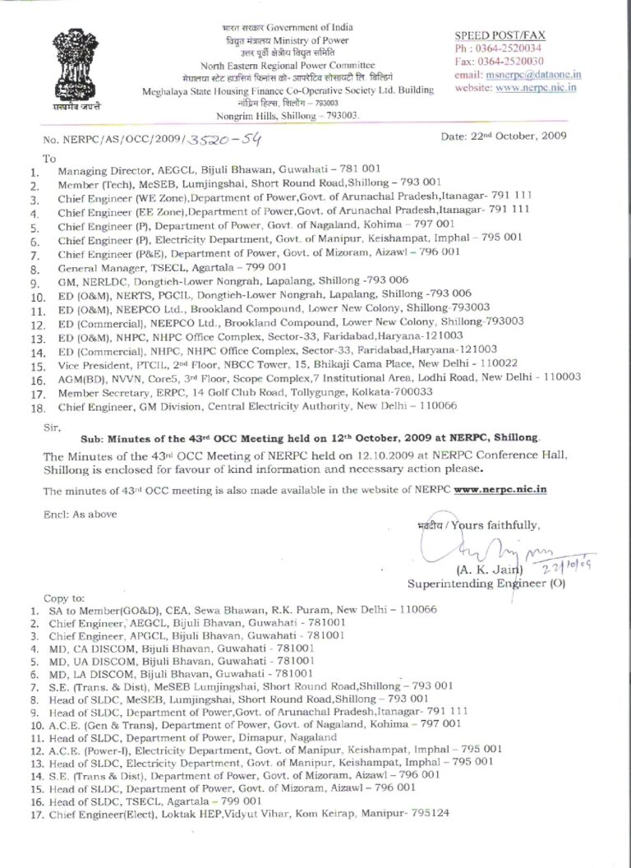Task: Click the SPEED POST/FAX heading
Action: [500, 36]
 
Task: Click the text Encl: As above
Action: [72, 513]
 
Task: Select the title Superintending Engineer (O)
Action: [477, 584]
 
